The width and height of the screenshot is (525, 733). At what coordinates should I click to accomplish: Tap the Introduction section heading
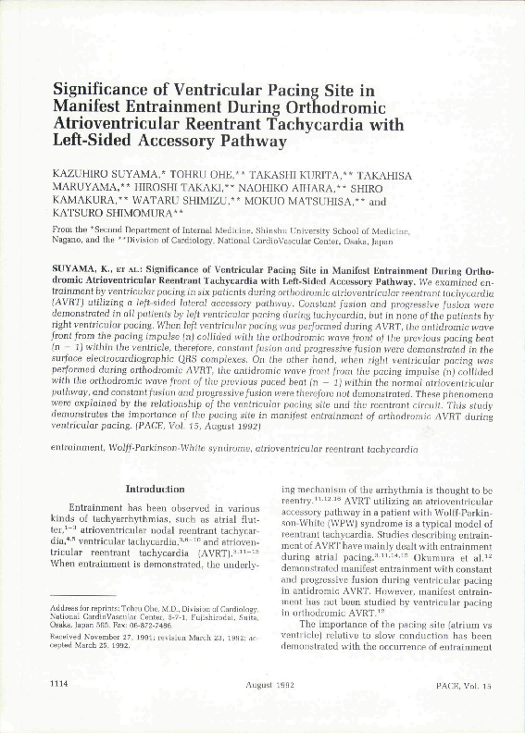(155, 488)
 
